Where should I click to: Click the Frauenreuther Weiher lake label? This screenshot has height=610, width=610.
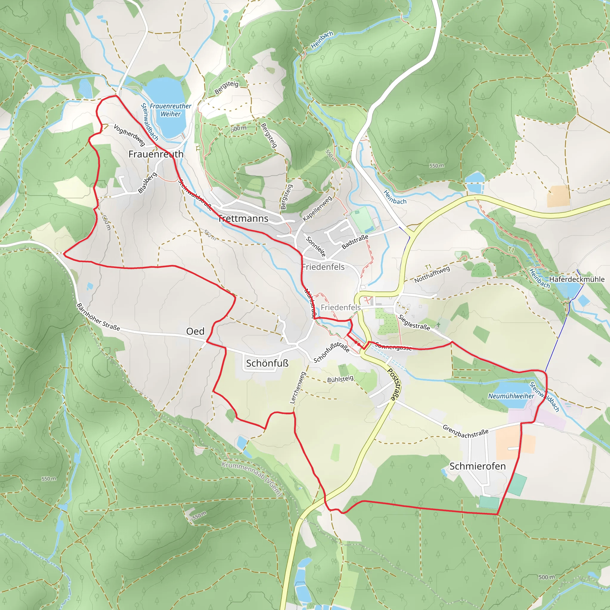[170, 110]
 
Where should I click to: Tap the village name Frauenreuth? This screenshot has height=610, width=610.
[156, 154]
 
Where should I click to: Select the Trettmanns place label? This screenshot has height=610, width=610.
[243, 219]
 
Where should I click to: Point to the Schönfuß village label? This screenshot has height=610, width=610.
[267, 363]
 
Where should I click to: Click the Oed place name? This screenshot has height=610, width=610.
[195, 331]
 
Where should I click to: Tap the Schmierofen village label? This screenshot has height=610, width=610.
[477, 466]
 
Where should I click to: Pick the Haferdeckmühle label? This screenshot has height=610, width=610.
[577, 279]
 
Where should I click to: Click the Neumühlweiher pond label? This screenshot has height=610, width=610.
[511, 396]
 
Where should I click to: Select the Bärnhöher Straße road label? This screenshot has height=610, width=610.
[98, 317]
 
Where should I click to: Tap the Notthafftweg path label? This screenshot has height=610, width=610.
[432, 274]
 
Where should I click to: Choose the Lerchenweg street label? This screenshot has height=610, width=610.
[298, 388]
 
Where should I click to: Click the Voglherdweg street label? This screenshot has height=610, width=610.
[129, 135]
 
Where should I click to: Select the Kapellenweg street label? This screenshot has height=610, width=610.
[317, 208]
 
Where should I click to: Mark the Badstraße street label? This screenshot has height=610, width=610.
[355, 242]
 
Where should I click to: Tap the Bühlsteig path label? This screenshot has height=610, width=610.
[340, 379]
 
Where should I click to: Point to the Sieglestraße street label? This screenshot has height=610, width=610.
[414, 322]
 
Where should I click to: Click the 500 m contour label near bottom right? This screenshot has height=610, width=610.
[547, 577]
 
